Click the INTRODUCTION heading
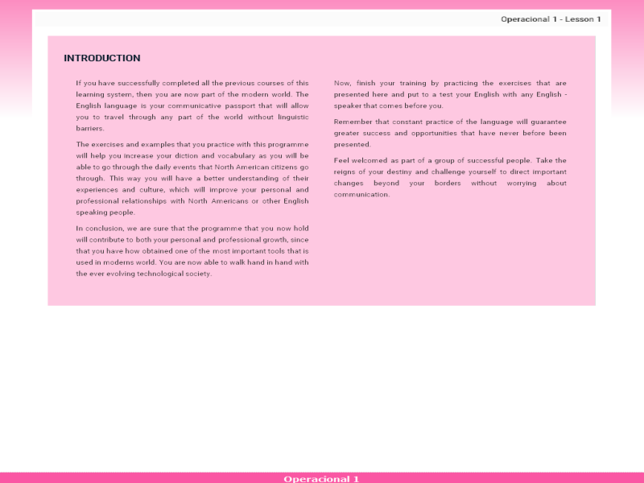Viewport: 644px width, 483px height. (102, 58)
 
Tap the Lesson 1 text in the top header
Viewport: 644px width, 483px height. (583, 19)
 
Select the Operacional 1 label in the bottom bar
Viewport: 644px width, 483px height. (321, 479)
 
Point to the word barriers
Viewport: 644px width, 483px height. (90, 128)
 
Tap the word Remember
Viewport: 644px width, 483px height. (353, 122)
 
